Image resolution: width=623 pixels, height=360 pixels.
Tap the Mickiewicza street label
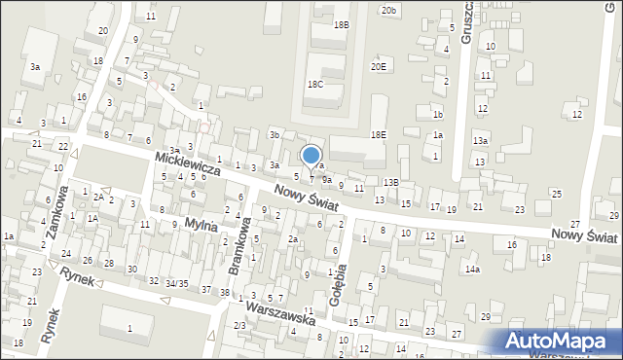(186, 162)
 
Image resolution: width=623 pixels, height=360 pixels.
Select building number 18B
(341, 25)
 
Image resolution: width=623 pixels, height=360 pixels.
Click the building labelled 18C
(314, 85)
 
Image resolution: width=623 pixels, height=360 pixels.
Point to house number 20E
(378, 66)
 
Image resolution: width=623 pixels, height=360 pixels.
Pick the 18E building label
(378, 134)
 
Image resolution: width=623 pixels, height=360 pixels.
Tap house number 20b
(389, 10)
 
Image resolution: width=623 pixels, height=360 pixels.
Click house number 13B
(390, 182)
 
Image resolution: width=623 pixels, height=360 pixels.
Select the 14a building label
(472, 269)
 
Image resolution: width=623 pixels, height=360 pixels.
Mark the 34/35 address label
(176, 283)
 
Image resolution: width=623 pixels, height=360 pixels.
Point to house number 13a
(480, 141)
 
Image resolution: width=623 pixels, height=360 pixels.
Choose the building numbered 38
(225, 293)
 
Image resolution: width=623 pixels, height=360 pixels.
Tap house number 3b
(275, 134)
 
